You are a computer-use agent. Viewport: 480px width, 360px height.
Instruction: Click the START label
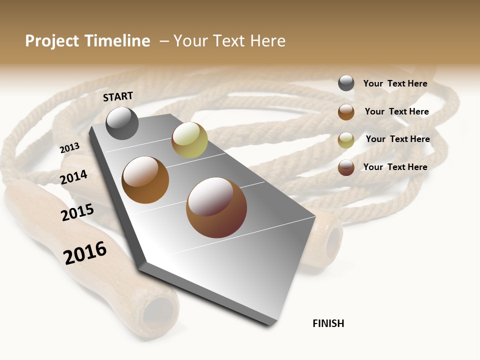click(x=118, y=96)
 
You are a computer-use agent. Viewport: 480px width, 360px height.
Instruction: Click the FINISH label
click(x=328, y=323)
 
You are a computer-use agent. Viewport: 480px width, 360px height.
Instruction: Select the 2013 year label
click(x=69, y=148)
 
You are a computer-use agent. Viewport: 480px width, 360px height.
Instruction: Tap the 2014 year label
click(x=73, y=177)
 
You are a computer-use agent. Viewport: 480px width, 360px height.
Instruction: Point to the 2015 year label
click(x=77, y=212)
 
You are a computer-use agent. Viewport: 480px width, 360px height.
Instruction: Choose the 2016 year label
click(x=85, y=253)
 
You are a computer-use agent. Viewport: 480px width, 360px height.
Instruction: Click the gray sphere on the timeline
click(x=122, y=123)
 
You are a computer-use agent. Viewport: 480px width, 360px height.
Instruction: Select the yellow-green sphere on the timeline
click(x=189, y=140)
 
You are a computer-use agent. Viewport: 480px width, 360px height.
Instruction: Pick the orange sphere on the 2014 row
click(x=145, y=180)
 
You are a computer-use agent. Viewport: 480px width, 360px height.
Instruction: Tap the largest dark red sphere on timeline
click(x=216, y=207)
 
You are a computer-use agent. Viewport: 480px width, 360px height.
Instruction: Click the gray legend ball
click(x=346, y=83)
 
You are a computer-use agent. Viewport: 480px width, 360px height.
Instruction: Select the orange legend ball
click(x=346, y=112)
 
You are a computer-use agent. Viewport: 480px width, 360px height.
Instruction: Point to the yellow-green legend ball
click(x=346, y=140)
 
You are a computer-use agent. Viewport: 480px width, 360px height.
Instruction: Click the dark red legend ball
click(x=346, y=167)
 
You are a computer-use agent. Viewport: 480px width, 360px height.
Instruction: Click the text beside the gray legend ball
click(x=395, y=84)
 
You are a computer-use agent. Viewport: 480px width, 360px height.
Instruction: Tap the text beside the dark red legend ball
click(x=395, y=167)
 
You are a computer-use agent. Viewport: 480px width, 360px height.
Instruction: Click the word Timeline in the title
click(x=116, y=41)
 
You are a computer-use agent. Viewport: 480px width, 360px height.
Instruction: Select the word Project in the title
click(x=51, y=41)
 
